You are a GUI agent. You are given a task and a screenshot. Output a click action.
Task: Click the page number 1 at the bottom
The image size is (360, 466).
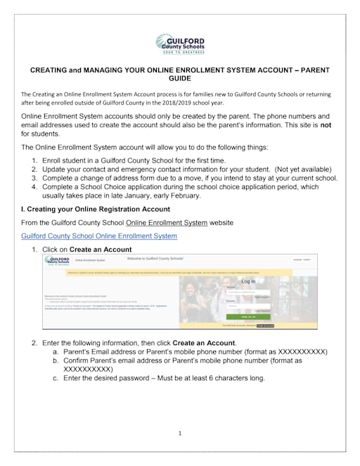click(x=180, y=434)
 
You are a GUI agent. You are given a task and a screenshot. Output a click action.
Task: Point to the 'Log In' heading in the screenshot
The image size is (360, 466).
click(x=249, y=281)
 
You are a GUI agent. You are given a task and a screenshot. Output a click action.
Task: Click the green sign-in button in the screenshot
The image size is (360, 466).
click(x=250, y=316)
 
